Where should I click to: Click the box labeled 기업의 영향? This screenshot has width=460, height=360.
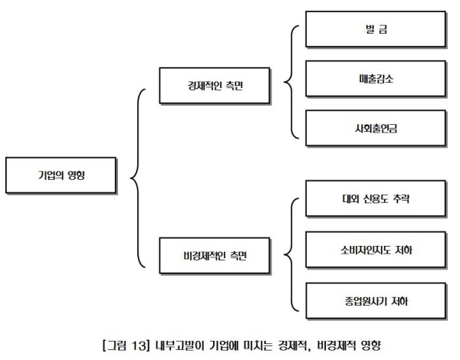(x=61, y=175)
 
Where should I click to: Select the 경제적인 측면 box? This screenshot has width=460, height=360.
(x=215, y=86)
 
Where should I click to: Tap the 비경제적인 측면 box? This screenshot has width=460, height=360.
(x=215, y=256)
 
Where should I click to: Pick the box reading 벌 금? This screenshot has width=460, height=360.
(x=376, y=29)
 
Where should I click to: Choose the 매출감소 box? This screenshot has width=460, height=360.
(x=376, y=79)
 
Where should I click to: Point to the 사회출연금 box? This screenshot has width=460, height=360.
(x=376, y=129)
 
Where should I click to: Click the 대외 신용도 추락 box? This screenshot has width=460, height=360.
(x=376, y=199)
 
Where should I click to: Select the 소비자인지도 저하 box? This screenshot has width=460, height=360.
(x=376, y=250)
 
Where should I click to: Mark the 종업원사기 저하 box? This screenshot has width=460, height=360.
(x=376, y=301)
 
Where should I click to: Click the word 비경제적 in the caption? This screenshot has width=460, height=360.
(x=337, y=345)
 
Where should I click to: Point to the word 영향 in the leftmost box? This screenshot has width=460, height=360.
(x=76, y=175)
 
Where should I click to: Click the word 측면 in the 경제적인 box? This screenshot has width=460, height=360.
(x=234, y=86)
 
